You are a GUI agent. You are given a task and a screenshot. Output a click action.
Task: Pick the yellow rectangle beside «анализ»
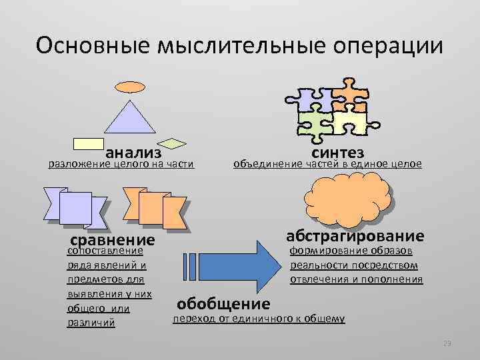point(88,143)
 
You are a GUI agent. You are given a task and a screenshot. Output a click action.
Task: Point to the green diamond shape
point(175,143)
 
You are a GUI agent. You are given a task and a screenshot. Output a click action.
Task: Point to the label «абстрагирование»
point(355,236)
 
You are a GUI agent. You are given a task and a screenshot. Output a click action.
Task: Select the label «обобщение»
point(223,304)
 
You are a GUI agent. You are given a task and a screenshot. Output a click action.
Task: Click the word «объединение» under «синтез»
point(264,163)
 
